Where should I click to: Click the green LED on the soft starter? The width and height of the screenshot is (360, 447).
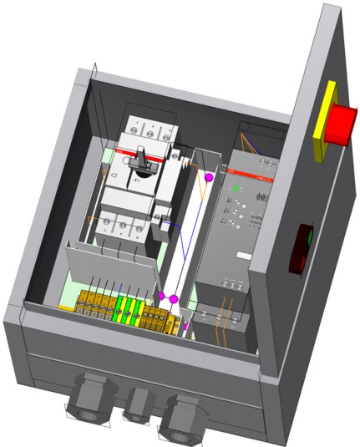point(236,189)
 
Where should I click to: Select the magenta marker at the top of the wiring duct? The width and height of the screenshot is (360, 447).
point(210,176)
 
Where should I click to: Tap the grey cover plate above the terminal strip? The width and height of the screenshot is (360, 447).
point(113,267)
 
